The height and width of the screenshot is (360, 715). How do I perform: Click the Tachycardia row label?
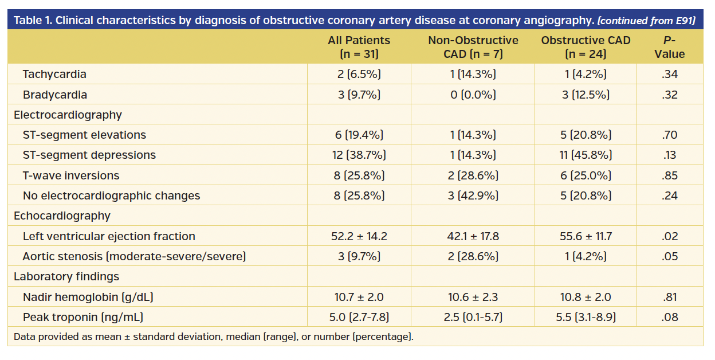(x=54, y=74)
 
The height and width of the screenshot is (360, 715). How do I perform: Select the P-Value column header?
(x=669, y=47)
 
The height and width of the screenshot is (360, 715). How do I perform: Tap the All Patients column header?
(x=359, y=47)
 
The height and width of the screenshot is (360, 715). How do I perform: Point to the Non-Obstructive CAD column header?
(x=473, y=47)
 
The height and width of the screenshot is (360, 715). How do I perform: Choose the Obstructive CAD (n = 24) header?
(x=585, y=47)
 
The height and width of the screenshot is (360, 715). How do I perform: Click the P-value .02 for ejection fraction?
(x=669, y=236)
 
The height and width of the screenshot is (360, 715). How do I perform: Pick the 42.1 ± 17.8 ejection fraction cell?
(x=473, y=236)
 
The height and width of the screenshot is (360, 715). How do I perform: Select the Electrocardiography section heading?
(x=68, y=115)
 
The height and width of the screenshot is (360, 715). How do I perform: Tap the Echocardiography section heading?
(x=62, y=216)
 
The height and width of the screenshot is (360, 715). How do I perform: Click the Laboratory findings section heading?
(x=66, y=276)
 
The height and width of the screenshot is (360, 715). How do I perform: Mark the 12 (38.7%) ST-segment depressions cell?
(x=359, y=155)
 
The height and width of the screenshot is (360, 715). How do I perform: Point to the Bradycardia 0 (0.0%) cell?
(x=473, y=95)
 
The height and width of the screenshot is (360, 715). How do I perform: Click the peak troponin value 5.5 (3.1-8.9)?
(x=585, y=317)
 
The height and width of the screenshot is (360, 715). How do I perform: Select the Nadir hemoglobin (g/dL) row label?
(x=88, y=297)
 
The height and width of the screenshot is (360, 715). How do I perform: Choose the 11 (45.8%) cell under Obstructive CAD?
(x=585, y=155)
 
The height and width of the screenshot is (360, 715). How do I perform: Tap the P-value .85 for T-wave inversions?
(x=669, y=175)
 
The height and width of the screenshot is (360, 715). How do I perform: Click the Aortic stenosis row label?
(x=134, y=256)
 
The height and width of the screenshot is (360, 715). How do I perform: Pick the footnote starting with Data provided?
(x=213, y=336)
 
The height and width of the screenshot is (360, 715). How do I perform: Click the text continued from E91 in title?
(x=646, y=21)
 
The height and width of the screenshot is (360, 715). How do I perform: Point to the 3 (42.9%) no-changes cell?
(x=473, y=195)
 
